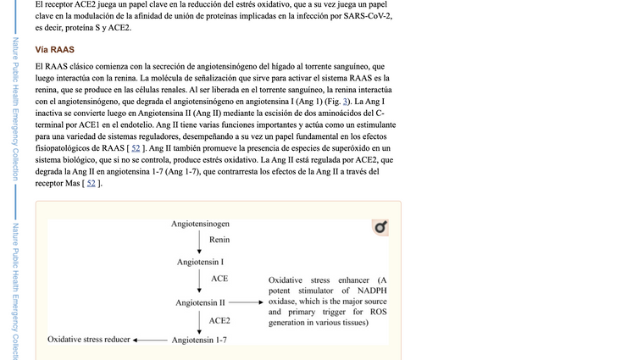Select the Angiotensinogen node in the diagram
[x=200, y=224]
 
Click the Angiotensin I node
[x=200, y=262]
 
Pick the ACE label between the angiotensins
[x=219, y=279]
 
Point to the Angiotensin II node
[x=200, y=302]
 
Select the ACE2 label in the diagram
[x=219, y=320]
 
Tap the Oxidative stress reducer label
[x=89, y=339]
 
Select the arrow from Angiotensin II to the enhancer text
[x=245, y=302]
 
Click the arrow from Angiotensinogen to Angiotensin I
[x=199, y=242]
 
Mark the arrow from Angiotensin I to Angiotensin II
[x=199, y=281]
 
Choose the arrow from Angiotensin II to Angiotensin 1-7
[x=199, y=320]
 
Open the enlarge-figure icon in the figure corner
[x=381, y=227]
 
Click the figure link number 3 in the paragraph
[x=346, y=102]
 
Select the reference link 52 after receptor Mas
[x=91, y=184]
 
